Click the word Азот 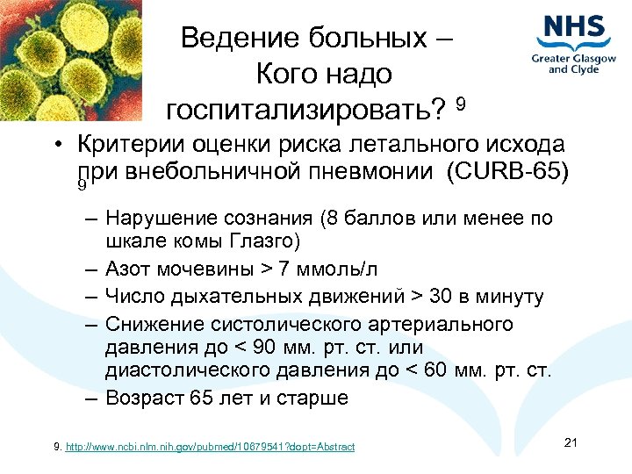pos(126,268)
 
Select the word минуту pos(512,298)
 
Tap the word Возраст pos(145,398)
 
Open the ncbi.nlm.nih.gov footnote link pos(210,448)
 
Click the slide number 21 pos(570,442)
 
